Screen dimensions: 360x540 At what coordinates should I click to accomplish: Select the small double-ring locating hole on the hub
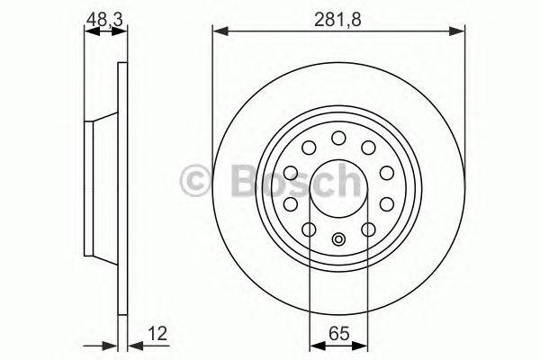point(338,239)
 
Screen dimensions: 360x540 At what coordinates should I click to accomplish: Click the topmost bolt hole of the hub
point(338,137)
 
